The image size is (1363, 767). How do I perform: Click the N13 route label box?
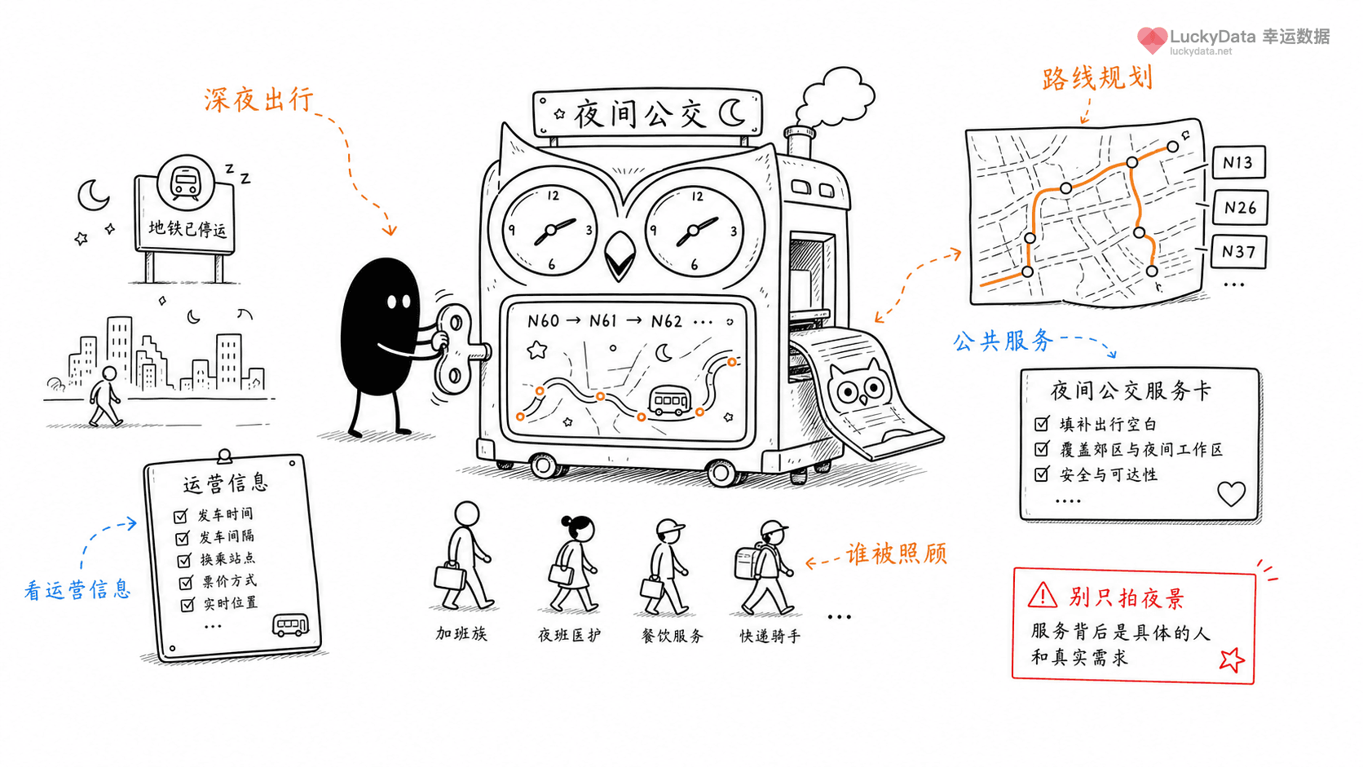click(x=1239, y=161)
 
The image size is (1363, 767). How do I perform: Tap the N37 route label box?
click(x=1239, y=251)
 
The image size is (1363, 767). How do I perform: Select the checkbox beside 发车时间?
click(x=180, y=517)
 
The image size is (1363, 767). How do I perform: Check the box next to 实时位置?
click(x=187, y=605)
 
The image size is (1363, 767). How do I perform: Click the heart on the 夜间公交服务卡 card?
click(x=1231, y=493)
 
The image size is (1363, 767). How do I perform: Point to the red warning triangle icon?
click(x=1043, y=596)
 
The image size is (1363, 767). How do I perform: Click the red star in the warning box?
click(x=1232, y=660)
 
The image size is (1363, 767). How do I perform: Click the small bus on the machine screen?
click(x=670, y=402)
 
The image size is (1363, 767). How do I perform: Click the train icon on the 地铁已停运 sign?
click(x=186, y=182)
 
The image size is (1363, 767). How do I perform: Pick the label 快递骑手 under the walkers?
click(x=770, y=637)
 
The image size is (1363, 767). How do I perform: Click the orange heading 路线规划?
click(x=1097, y=79)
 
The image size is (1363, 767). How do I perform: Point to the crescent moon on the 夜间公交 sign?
click(x=732, y=112)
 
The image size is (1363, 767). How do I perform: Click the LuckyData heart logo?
click(x=1152, y=40)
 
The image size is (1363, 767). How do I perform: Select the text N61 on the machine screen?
click(x=602, y=320)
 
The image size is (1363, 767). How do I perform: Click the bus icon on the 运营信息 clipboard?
click(x=290, y=625)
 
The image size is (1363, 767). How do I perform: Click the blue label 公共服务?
click(x=1004, y=341)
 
